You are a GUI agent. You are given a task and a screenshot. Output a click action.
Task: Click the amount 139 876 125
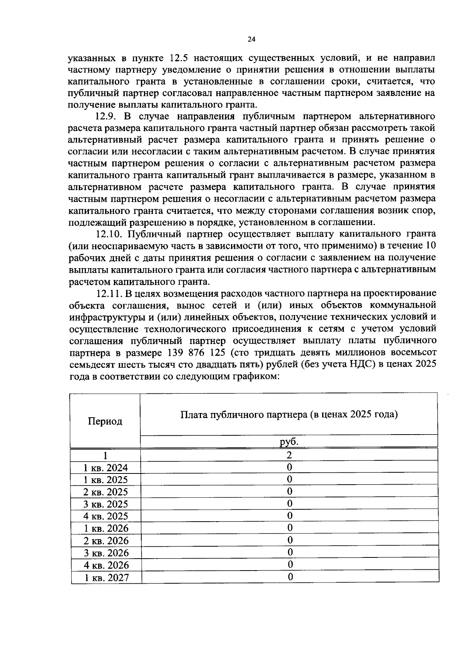pyautogui.click(x=198, y=353)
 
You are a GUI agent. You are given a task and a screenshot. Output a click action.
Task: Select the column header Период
pyautogui.click(x=105, y=421)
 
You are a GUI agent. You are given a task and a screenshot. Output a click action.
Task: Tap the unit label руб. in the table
pyautogui.click(x=289, y=442)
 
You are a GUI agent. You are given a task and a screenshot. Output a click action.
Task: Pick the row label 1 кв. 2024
pyautogui.click(x=106, y=468)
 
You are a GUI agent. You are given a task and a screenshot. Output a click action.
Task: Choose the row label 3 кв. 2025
pyautogui.click(x=106, y=504)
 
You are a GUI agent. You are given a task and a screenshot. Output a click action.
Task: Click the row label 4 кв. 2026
pyautogui.click(x=106, y=565)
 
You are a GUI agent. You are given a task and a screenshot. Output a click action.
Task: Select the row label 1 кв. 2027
pyautogui.click(x=106, y=577)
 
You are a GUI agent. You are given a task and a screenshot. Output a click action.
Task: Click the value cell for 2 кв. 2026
pyautogui.click(x=290, y=540)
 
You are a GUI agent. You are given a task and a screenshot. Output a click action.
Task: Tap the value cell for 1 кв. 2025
pyautogui.click(x=290, y=479)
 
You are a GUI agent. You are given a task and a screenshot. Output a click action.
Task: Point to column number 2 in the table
pyautogui.click(x=290, y=455)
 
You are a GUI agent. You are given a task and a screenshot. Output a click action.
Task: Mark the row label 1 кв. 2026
pyautogui.click(x=106, y=528)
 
